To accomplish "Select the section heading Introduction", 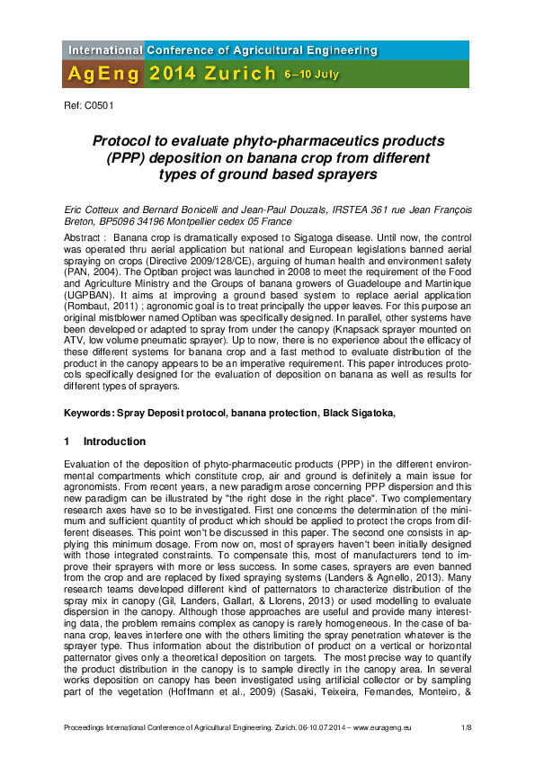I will pos(114,441).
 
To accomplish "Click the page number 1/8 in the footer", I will pos(467,726).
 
